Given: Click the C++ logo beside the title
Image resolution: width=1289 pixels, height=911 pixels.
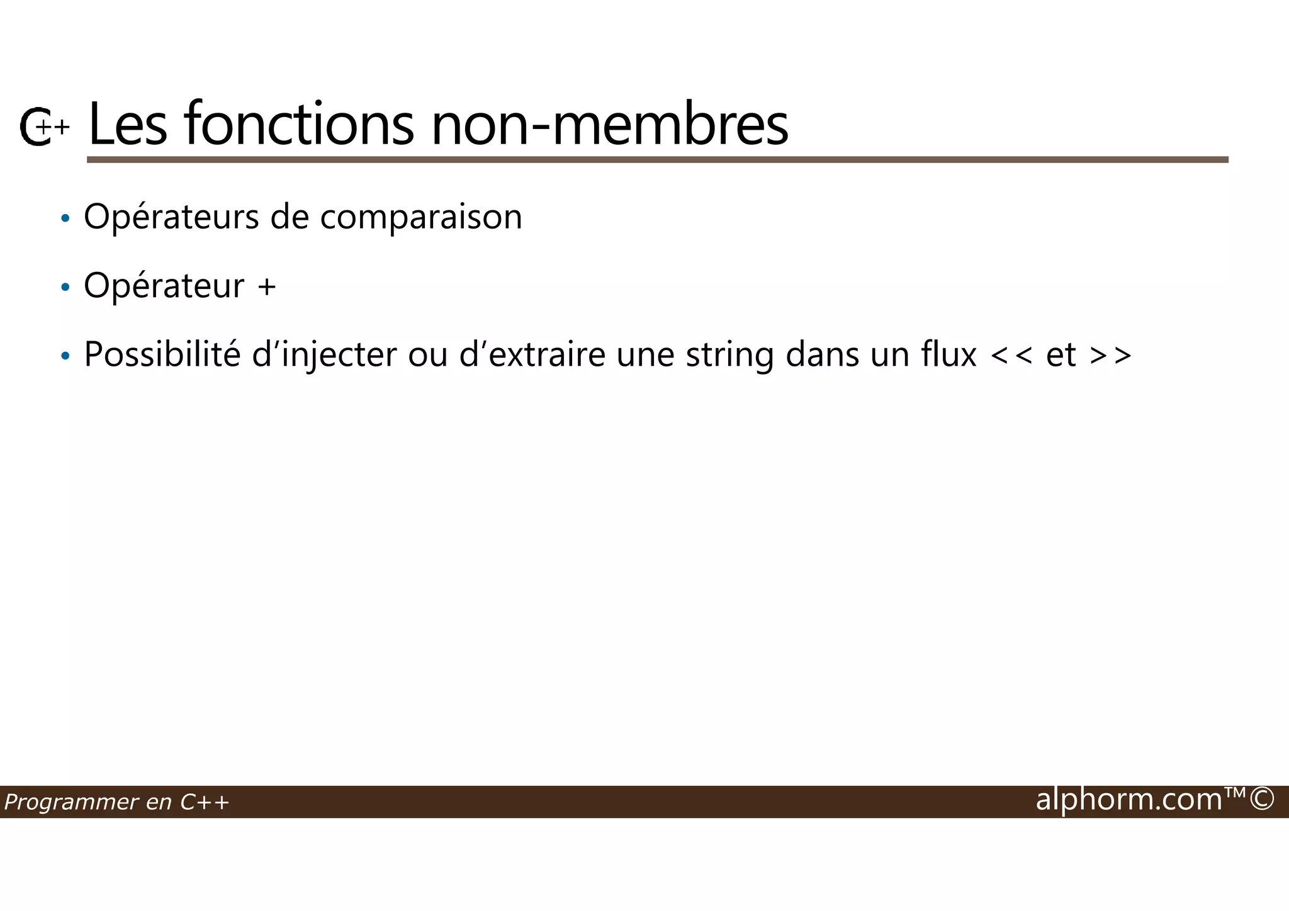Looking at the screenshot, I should tap(43, 127).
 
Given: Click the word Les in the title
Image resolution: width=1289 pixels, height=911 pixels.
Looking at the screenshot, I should tap(128, 125).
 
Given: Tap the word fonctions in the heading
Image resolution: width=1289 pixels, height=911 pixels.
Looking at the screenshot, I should tap(299, 125).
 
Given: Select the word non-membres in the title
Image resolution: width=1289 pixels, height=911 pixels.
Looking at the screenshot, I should tap(609, 125).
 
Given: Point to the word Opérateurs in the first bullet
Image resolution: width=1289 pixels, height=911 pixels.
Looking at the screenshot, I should tap(171, 217).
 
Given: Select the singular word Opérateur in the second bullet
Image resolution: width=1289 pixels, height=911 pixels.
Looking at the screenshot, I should tap(164, 286).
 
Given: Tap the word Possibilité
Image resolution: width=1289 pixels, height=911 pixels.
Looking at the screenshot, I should tap(162, 354).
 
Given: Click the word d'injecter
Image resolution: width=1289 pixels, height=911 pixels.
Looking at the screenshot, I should tap(324, 356).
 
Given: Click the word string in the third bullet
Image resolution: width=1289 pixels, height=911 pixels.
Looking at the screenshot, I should tap(729, 356).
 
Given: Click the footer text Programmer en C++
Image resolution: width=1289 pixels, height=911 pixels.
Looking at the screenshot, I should tap(116, 802).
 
